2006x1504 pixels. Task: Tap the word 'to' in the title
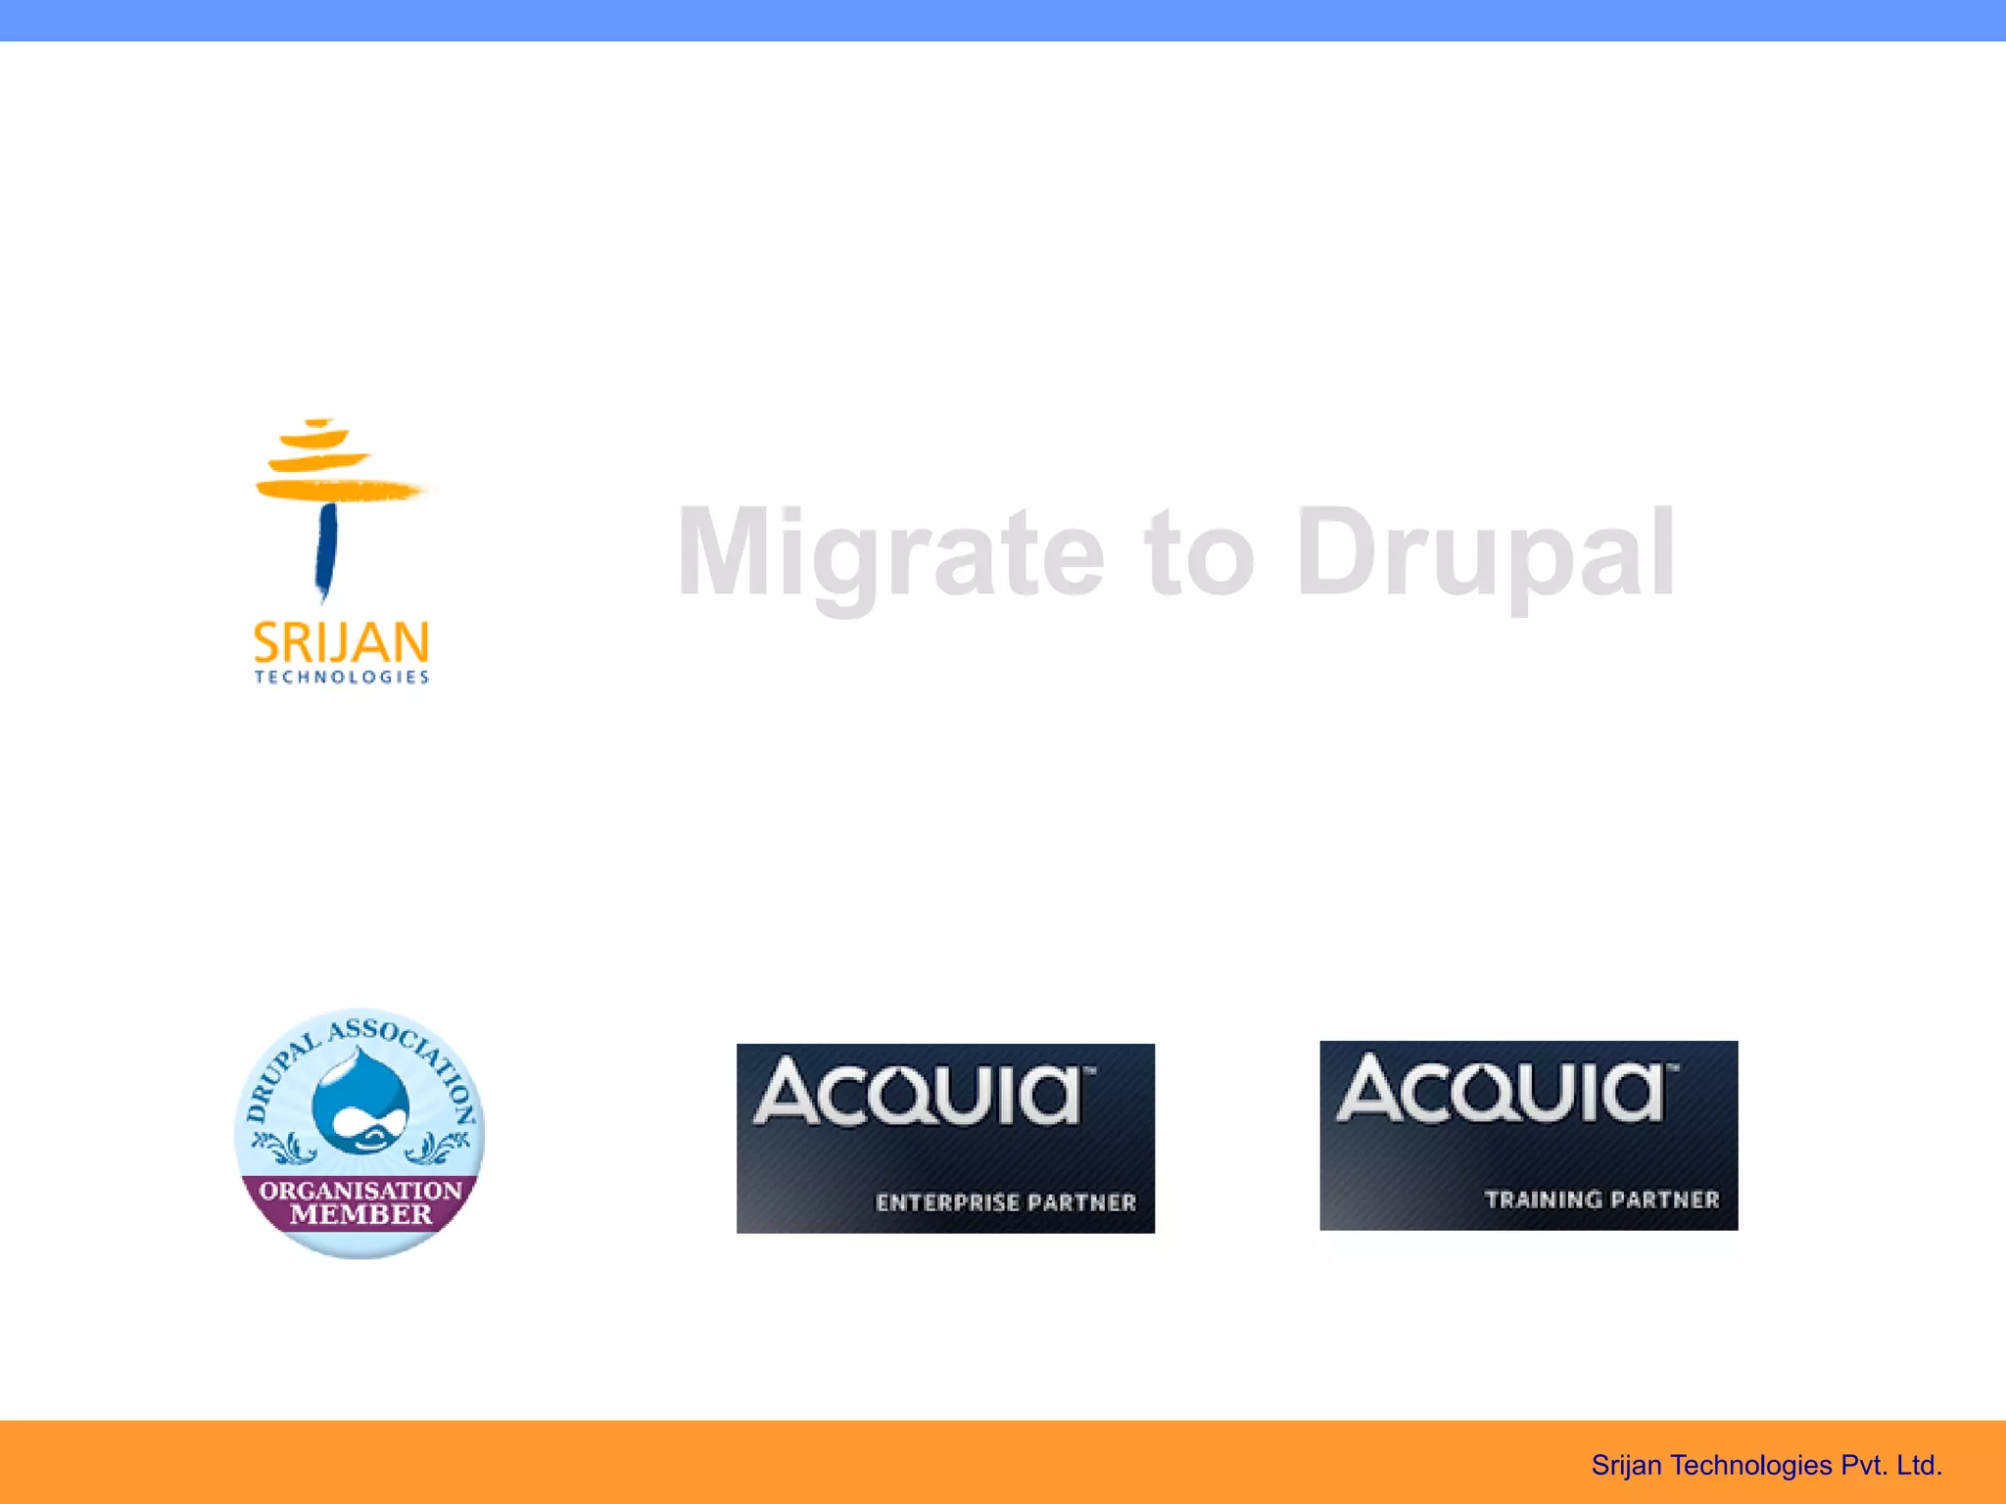[x=1201, y=554]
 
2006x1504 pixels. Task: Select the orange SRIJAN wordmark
[x=341, y=643]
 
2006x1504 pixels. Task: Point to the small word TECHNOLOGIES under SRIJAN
[x=341, y=677]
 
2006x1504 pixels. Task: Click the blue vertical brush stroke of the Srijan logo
[x=326, y=549]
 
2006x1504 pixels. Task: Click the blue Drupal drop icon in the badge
[x=360, y=1103]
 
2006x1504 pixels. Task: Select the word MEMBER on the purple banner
[x=360, y=1215]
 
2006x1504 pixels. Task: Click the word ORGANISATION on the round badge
[x=360, y=1191]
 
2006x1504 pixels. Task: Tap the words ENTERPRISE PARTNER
[x=1006, y=1202]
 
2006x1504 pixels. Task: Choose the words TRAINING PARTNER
[x=1601, y=1199]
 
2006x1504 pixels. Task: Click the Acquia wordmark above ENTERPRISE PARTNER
[x=921, y=1091]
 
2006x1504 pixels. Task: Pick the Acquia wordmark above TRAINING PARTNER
[x=1504, y=1088]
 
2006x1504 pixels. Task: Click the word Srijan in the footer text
[x=1626, y=1465]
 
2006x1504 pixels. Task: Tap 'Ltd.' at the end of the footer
[x=1919, y=1465]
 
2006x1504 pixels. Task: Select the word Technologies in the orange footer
[x=1750, y=1465]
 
